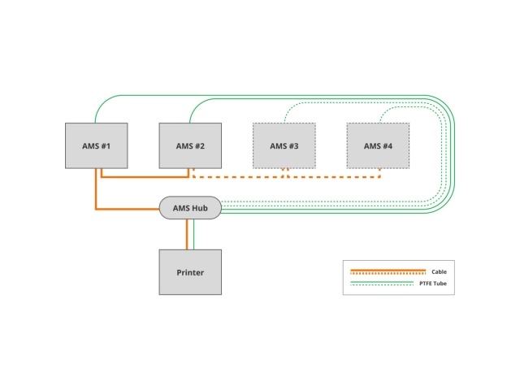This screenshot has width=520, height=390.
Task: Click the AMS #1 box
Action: (96, 145)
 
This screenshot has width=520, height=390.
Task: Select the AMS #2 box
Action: (190, 145)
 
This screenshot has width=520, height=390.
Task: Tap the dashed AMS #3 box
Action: (284, 145)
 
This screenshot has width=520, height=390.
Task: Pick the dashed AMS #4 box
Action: (378, 145)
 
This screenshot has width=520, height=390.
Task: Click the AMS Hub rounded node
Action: (190, 208)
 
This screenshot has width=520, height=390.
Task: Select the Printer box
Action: (190, 272)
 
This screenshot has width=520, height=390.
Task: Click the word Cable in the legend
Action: (439, 271)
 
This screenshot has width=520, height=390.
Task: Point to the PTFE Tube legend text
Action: (433, 284)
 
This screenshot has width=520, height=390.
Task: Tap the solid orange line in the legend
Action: (388, 271)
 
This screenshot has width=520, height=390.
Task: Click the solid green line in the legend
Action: (382, 282)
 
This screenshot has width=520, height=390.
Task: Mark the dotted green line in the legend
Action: (382, 285)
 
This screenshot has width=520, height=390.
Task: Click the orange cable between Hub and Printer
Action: (187, 234)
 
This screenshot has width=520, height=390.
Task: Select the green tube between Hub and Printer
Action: (193, 234)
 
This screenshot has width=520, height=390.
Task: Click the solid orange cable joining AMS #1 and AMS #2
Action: (145, 177)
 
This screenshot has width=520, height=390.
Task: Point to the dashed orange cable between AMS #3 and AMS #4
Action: (334, 177)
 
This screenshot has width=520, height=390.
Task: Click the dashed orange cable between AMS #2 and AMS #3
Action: (238, 177)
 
